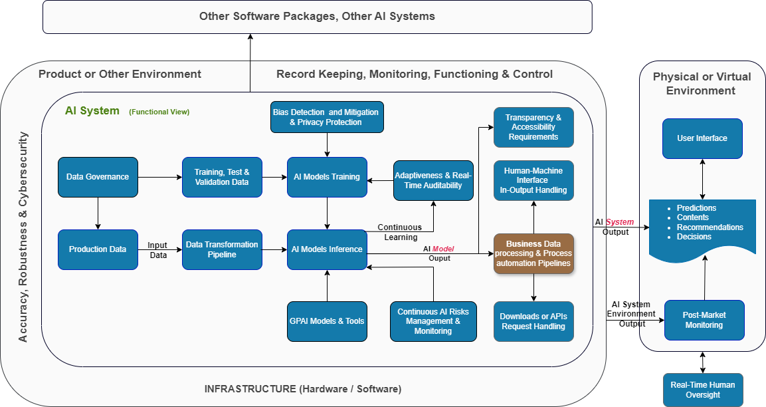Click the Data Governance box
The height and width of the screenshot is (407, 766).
coord(98,177)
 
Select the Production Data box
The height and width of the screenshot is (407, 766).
coord(98,249)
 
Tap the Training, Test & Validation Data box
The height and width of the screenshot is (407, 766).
coord(222,177)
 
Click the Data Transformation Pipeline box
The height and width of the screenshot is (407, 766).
coord(222,249)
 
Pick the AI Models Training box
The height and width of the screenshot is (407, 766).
coord(327,177)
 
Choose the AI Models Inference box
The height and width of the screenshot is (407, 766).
coord(327,249)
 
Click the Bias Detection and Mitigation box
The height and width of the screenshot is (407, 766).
coord(326,117)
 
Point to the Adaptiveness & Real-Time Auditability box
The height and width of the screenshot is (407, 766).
coord(433,180)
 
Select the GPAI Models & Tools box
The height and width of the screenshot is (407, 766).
coord(327,321)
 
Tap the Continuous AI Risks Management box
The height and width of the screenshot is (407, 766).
coord(433,321)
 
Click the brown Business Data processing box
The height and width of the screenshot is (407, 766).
coord(533,253)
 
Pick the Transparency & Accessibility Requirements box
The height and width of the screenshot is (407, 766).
coord(533,127)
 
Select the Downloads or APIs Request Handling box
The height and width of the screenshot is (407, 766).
coord(533,321)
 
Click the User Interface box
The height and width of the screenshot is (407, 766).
coord(702,138)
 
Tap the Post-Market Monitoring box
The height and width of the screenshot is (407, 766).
coord(704,320)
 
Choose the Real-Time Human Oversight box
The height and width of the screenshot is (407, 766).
coord(703,390)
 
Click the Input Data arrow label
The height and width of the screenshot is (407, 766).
coord(157,250)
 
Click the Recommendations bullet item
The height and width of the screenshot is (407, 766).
coord(710,227)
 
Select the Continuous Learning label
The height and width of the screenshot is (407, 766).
coord(401,232)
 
